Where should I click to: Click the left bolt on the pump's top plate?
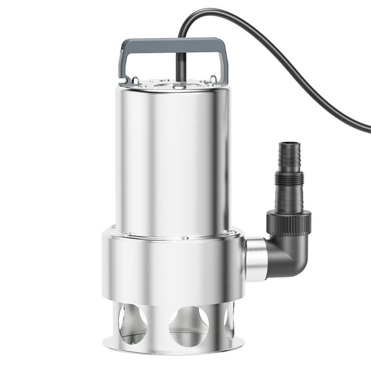tap(136, 81)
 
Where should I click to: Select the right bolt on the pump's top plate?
tap(212, 80)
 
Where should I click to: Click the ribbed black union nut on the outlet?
tap(289, 222)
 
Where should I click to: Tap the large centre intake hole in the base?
tap(187, 325)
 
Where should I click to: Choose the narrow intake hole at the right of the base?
tap(229, 320)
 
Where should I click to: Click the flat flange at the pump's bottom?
tap(174, 348)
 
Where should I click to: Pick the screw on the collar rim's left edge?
tap(114, 227)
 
